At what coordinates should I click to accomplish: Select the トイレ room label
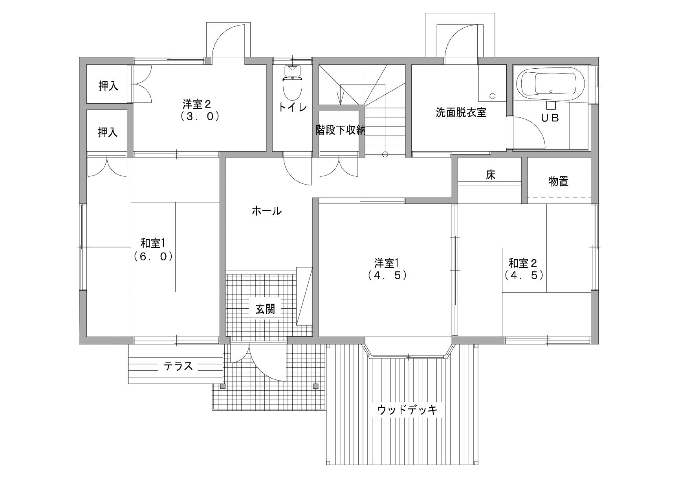click(x=292, y=107)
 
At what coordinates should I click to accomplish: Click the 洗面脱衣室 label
click(x=461, y=113)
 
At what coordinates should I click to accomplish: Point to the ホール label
click(x=267, y=211)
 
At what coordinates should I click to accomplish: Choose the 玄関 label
click(x=266, y=309)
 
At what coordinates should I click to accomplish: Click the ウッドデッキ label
click(x=407, y=410)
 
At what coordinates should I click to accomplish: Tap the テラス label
click(x=178, y=366)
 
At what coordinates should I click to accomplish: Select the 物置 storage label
click(x=559, y=181)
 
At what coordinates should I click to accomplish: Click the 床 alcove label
click(x=490, y=175)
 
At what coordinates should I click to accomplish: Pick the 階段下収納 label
click(x=341, y=130)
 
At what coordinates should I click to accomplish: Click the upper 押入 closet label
click(x=108, y=86)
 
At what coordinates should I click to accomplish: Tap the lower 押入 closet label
click(x=108, y=132)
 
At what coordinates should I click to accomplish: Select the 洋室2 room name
click(x=197, y=104)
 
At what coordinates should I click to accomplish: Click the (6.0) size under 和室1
click(x=153, y=257)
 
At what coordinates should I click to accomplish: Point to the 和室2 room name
click(x=523, y=262)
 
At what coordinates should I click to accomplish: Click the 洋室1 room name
click(x=387, y=262)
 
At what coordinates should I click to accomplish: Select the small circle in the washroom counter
click(x=493, y=95)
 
